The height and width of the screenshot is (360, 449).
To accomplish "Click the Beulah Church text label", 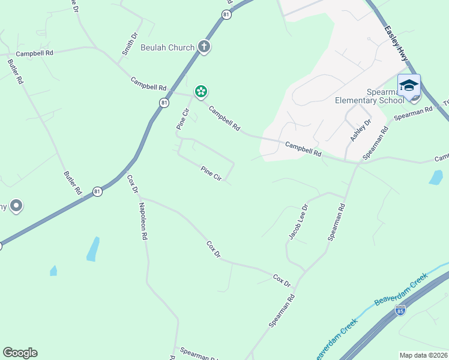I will click(x=167, y=47).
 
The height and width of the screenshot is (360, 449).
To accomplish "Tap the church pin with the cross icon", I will click(x=204, y=46).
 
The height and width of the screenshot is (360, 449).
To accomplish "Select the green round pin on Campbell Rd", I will click(x=201, y=92).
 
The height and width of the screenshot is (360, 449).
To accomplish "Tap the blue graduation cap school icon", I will click(x=409, y=85).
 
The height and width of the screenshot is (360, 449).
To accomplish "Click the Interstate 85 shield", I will click(x=400, y=310).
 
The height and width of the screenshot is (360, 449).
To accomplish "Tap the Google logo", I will click(x=20, y=353).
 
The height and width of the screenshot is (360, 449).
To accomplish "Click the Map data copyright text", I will click(x=424, y=355).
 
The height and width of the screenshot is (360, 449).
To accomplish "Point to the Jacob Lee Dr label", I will click(x=298, y=222).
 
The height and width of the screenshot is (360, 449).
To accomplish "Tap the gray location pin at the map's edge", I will click(x=16, y=206).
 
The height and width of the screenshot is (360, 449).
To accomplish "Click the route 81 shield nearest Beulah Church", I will click(x=226, y=14).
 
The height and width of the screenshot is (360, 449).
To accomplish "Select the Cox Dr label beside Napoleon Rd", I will click(x=133, y=184).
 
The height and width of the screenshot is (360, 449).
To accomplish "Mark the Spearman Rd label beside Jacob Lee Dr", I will click(x=337, y=223).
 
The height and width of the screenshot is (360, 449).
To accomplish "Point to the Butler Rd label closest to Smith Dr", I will click(x=16, y=71).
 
